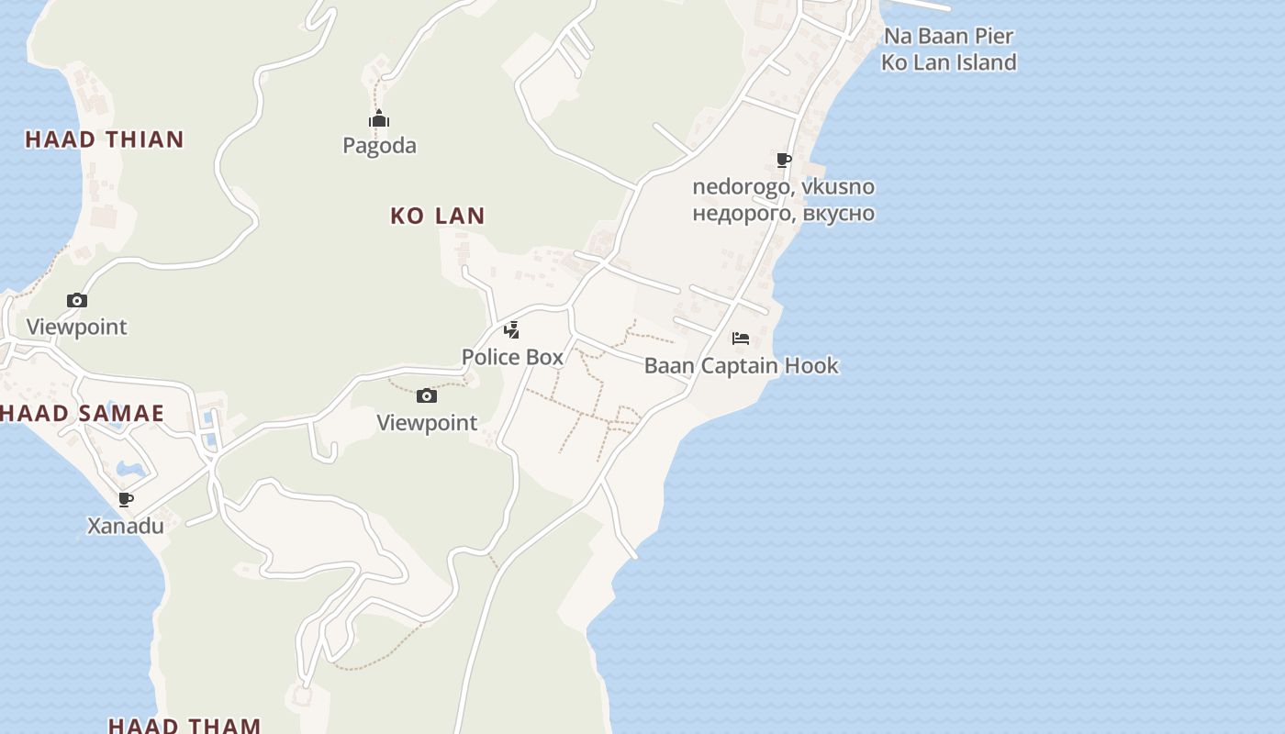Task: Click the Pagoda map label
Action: [379, 145]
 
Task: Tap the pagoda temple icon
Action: [379, 119]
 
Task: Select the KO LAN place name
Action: [438, 216]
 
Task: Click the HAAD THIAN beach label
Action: [105, 139]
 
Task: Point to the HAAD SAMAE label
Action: [83, 413]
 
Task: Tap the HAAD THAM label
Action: [184, 725]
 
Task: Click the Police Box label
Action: [512, 357]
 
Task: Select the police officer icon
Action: [512, 329]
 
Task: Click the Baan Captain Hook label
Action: [741, 365]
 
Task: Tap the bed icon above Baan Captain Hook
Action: [741, 339]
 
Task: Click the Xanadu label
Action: [126, 526]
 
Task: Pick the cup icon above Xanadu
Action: [126, 499]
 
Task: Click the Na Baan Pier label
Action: [949, 37]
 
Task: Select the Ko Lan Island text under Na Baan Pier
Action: [949, 62]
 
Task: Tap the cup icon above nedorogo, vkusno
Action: [784, 161]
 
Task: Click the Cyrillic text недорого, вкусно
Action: [783, 214]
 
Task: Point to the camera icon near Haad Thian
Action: [77, 300]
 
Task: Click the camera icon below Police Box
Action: [426, 396]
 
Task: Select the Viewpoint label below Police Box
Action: [427, 423]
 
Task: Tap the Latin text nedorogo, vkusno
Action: [783, 187]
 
